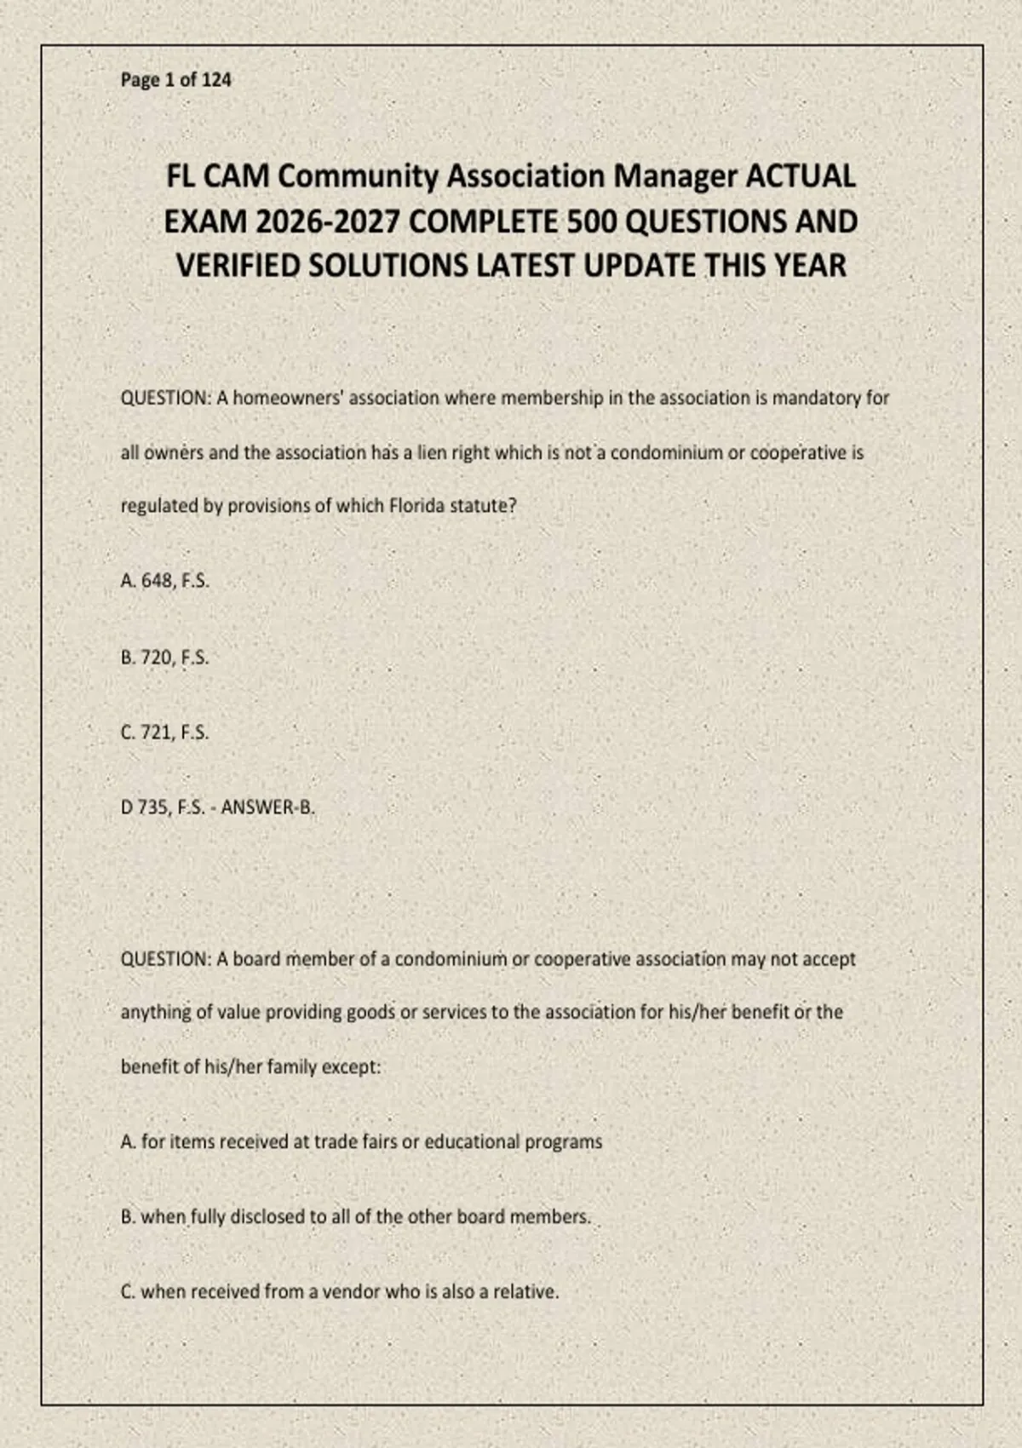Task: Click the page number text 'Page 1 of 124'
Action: (175, 80)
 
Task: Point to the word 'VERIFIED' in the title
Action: (238, 266)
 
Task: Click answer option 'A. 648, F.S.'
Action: (164, 581)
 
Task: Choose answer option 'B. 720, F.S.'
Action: (164, 658)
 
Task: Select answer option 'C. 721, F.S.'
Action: (164, 733)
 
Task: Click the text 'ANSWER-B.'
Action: (268, 807)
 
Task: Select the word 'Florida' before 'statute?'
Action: (416, 506)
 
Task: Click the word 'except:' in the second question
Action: (351, 1067)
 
